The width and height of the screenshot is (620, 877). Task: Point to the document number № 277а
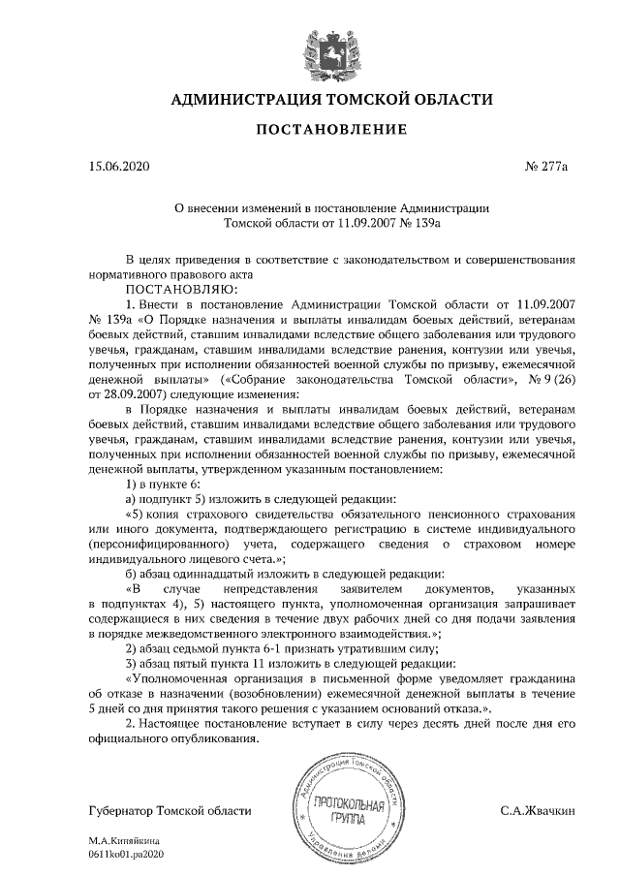click(545, 167)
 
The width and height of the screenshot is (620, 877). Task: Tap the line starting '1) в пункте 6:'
click(164, 484)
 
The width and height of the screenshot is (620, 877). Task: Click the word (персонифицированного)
click(160, 546)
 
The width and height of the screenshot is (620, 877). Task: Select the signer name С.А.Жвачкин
click(538, 810)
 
